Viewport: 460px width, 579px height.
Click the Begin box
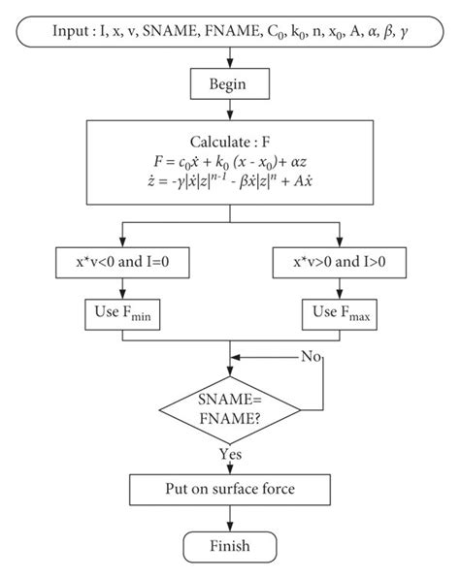coord(229,84)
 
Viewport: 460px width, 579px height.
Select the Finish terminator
coord(230,546)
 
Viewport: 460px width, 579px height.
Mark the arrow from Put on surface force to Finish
coord(229,516)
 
